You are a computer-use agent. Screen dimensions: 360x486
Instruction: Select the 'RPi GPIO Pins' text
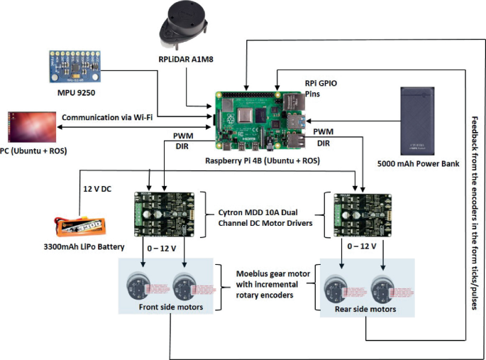[x=321, y=88]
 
